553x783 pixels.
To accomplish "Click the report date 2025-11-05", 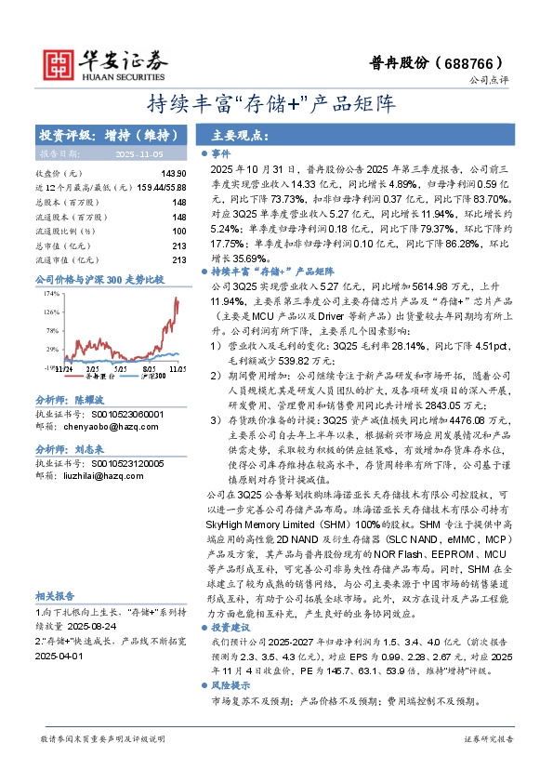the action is [x=138, y=153].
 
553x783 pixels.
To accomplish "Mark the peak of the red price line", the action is [x=177, y=299].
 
